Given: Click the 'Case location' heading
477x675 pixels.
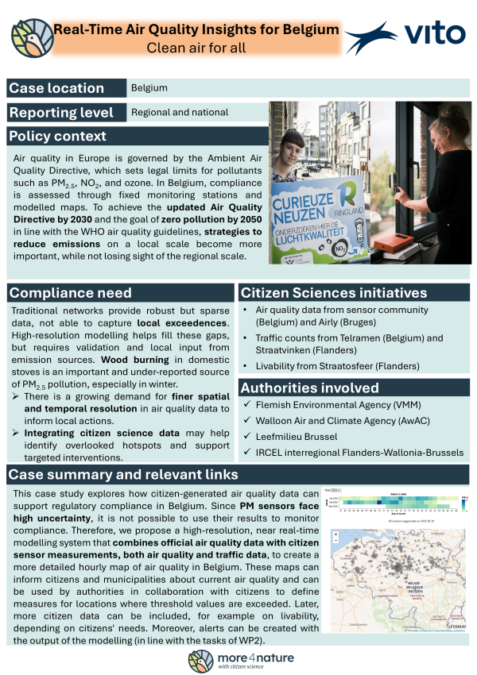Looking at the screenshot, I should pos(56,88).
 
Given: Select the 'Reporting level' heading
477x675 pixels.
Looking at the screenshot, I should pos(63,113).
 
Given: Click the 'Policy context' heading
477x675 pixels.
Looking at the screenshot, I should pos(58,136).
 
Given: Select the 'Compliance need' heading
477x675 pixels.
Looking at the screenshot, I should pos(71,293).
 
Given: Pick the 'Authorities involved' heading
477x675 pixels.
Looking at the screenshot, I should pos(309,388).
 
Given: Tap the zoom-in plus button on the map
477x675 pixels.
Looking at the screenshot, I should pos(332,534).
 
